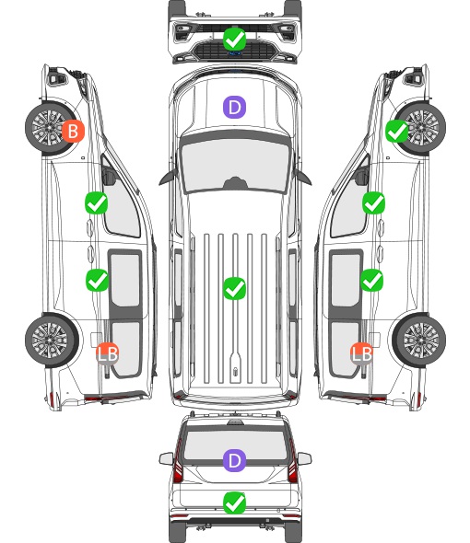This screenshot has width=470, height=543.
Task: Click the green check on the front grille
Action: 234,40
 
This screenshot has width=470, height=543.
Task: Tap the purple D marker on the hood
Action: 234,107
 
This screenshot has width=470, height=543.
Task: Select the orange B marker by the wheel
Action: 73,132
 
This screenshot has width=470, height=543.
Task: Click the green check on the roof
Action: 234,288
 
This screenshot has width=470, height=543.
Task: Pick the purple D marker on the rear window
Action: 234,460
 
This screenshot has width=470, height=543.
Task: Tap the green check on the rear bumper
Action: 234,503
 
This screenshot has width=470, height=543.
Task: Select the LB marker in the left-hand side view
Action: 108,353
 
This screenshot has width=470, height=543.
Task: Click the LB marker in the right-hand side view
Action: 362,353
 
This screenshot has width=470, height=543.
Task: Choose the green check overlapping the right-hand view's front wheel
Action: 397,132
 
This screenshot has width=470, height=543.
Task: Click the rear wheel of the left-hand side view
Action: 52,341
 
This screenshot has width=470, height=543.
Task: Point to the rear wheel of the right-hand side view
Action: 419,341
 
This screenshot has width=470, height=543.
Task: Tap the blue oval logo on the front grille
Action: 235,53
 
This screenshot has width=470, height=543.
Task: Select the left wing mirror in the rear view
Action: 167,458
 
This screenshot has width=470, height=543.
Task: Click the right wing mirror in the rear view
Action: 304,458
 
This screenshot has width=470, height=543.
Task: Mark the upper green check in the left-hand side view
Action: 97,202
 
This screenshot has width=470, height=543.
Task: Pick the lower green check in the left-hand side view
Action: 97,280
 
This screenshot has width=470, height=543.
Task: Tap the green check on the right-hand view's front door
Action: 373,202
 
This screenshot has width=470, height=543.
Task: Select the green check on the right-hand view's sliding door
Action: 371,280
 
